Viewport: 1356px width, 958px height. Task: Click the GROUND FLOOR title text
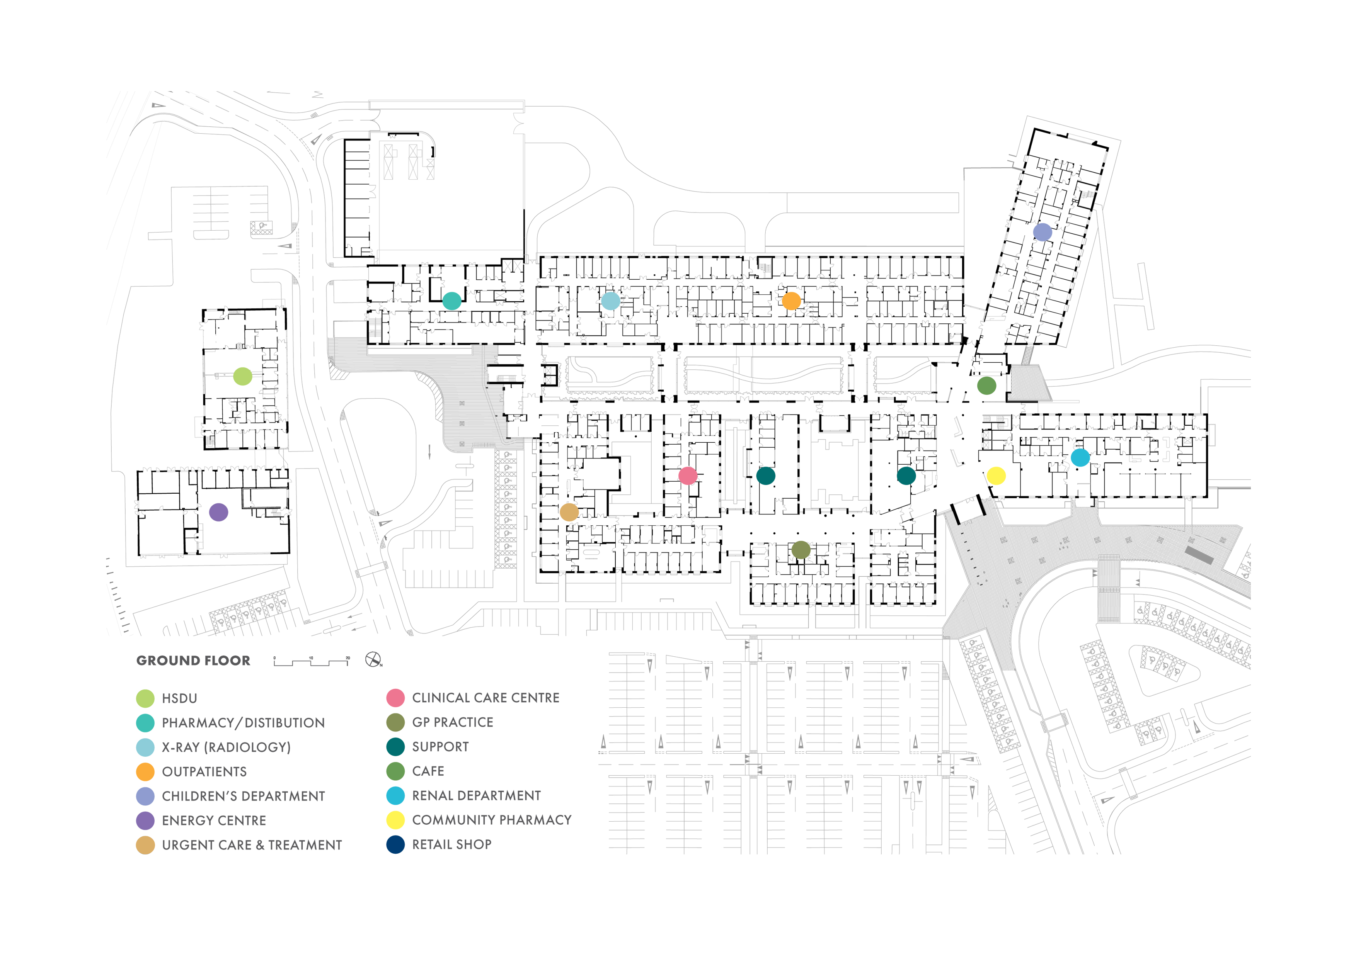tap(193, 661)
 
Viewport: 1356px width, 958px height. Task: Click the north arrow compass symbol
tap(373, 659)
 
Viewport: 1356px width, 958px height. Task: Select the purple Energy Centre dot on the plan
tap(218, 512)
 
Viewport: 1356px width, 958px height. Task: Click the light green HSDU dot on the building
tap(243, 376)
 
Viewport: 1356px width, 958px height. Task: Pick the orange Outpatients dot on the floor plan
tap(791, 301)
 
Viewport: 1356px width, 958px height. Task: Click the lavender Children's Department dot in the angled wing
tap(1043, 232)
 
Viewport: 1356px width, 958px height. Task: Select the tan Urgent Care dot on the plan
tap(569, 512)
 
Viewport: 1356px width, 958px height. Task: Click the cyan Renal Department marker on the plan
tap(1080, 457)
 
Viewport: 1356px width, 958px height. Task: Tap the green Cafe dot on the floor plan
tap(986, 386)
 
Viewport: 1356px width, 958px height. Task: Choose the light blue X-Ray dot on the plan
tap(611, 301)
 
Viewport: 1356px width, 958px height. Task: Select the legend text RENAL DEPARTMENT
tap(476, 796)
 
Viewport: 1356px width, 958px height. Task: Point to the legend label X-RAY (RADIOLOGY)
tap(226, 747)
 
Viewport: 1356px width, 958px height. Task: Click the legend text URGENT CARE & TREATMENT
tap(252, 845)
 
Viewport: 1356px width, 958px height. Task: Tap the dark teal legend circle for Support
tap(395, 747)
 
